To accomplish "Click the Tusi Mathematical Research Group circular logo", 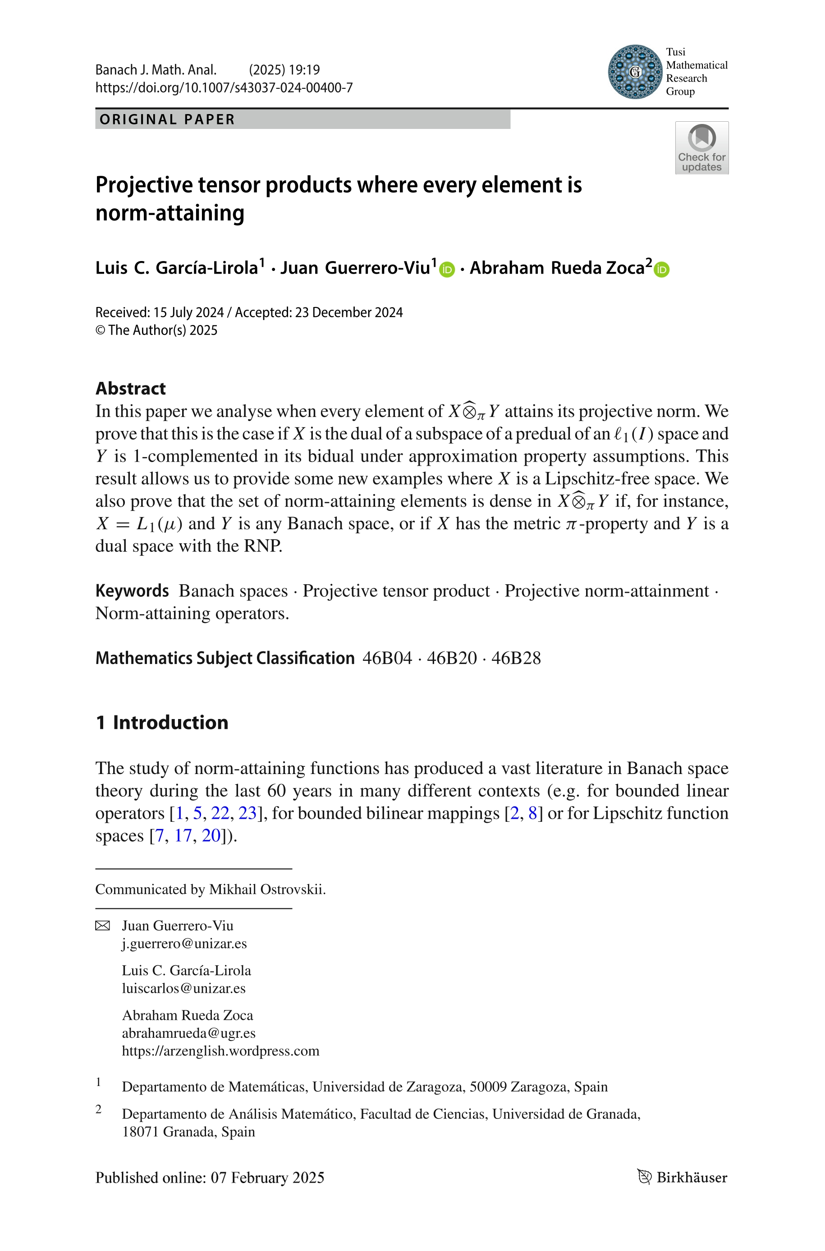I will click(635, 72).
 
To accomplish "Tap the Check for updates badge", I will click(701, 148).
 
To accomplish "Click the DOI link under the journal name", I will click(224, 87).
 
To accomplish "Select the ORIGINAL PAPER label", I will click(167, 119).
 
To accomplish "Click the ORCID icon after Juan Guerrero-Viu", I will click(447, 269).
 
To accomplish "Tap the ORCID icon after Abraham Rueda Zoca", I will click(661, 269).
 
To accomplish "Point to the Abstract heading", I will click(130, 388).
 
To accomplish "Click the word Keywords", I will click(132, 591).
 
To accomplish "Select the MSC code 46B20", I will click(451, 658).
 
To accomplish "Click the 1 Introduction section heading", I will click(162, 722).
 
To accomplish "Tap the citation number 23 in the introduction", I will click(247, 813).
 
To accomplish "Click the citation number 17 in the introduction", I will click(183, 836).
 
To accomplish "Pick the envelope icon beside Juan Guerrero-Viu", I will click(103, 926).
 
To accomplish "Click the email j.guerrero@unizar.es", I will click(184, 944).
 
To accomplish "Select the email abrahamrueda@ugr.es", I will click(188, 1033).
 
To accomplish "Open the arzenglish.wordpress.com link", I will click(220, 1051).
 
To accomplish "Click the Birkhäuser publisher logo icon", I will click(645, 1178).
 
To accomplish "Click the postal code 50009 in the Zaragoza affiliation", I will click(488, 1087).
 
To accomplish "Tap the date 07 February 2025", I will click(267, 1178).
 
